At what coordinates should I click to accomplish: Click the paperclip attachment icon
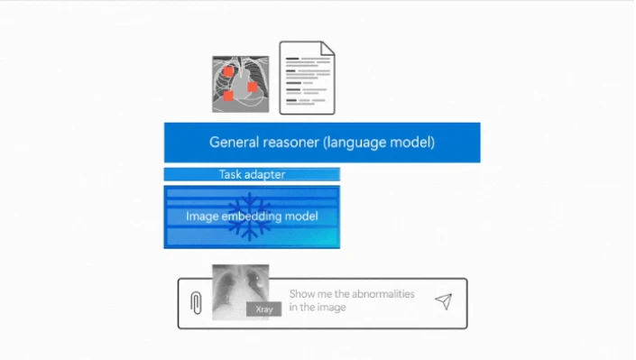coord(196,303)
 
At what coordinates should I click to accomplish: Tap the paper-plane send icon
coord(443,301)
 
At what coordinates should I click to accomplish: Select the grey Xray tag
coord(264,309)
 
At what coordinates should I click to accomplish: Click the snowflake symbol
coord(248,217)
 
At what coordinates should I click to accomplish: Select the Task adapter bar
coord(252,174)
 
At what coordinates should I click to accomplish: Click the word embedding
coord(255,217)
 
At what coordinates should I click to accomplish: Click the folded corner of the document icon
coord(327,49)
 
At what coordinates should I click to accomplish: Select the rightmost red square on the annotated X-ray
coord(253,87)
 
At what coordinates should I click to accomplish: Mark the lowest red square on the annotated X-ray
coord(229,96)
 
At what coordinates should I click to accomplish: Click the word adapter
coord(269,174)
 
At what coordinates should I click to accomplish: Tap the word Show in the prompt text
coord(302,294)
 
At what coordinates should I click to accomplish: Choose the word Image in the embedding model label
coord(202,217)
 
